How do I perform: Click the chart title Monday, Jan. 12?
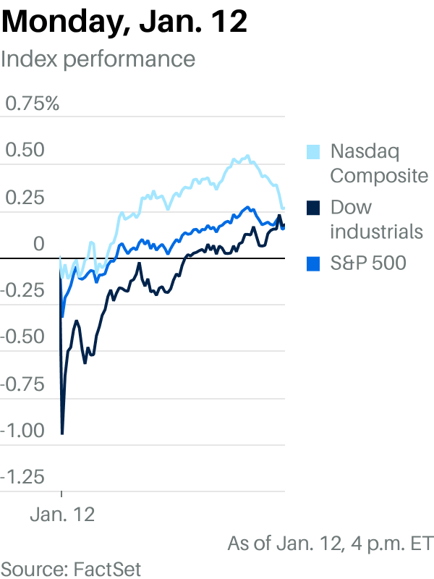pyautogui.click(x=124, y=22)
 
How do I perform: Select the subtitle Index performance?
pyautogui.click(x=98, y=59)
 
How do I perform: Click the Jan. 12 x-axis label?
pyautogui.click(x=62, y=515)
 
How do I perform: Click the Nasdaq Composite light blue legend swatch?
pyautogui.click(x=313, y=152)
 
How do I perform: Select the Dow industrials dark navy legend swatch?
pyautogui.click(x=313, y=208)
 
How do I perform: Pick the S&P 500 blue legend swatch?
pyautogui.click(x=313, y=263)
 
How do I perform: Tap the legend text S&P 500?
pyautogui.click(x=368, y=263)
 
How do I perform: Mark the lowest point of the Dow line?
pyautogui.click(x=62, y=433)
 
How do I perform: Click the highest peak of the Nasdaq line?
pyautogui.click(x=248, y=156)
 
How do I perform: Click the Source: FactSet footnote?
pyautogui.click(x=71, y=567)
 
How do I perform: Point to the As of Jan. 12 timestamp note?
pyautogui.click(x=330, y=543)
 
